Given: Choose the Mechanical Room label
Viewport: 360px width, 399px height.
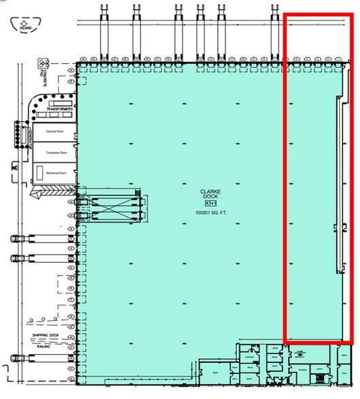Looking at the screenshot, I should [x=55, y=173].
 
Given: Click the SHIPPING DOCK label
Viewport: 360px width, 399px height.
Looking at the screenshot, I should [x=43, y=336].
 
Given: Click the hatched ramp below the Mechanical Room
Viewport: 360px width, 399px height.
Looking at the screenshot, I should [x=54, y=191].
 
